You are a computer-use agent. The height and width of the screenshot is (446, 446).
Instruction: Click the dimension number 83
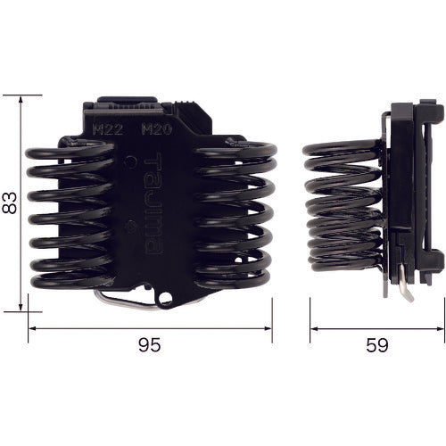click(x=9, y=203)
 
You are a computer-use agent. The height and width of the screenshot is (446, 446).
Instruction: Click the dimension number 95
click(x=150, y=345)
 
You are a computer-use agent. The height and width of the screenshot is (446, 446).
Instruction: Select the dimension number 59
click(x=377, y=345)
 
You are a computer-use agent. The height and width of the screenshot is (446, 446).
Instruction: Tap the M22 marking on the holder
click(x=108, y=129)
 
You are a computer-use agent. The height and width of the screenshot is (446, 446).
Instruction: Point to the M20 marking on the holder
click(x=157, y=129)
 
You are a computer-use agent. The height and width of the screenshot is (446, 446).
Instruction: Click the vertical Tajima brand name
click(x=153, y=203)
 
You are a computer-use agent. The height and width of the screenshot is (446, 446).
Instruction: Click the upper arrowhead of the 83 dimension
click(x=21, y=100)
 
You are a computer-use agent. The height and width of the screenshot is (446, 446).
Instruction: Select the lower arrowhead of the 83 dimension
click(x=21, y=307)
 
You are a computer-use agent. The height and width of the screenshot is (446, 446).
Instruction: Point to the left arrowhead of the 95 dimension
click(x=33, y=328)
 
